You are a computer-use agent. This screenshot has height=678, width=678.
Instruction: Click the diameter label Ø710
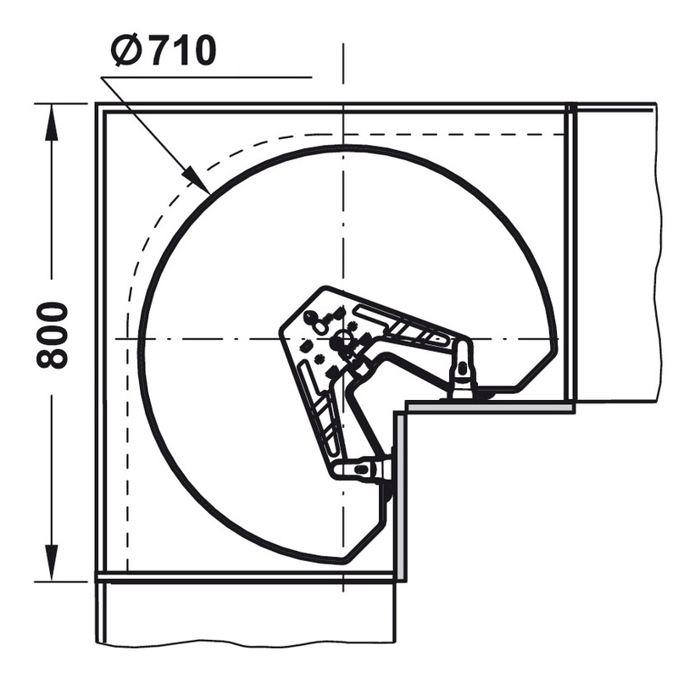point(163,51)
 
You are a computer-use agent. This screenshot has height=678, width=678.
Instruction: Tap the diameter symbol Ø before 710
point(125,52)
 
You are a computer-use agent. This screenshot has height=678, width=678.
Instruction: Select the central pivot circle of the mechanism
point(342,342)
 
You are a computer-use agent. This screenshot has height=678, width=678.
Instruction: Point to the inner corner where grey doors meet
point(402,408)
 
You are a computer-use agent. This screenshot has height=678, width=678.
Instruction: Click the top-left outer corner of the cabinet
point(97,104)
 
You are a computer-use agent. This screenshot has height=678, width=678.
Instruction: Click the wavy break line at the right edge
point(659,254)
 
